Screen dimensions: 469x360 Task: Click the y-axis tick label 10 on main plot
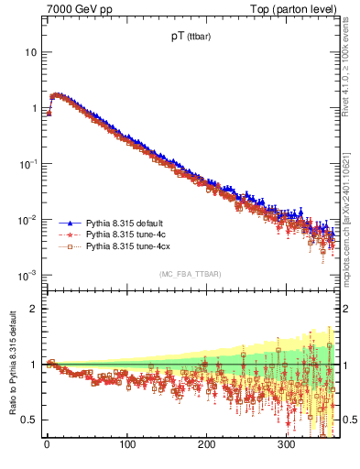[30, 52]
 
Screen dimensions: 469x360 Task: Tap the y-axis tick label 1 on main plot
[33, 108]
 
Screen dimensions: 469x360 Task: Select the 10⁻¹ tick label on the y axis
[27, 164]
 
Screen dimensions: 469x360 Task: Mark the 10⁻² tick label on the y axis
[27, 220]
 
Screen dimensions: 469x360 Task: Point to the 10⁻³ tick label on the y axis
[27, 276]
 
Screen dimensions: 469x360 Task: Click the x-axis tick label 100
[127, 444]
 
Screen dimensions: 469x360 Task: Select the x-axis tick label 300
[287, 444]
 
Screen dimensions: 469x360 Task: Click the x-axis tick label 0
[48, 444]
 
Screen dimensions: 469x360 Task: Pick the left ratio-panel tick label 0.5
[29, 420]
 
